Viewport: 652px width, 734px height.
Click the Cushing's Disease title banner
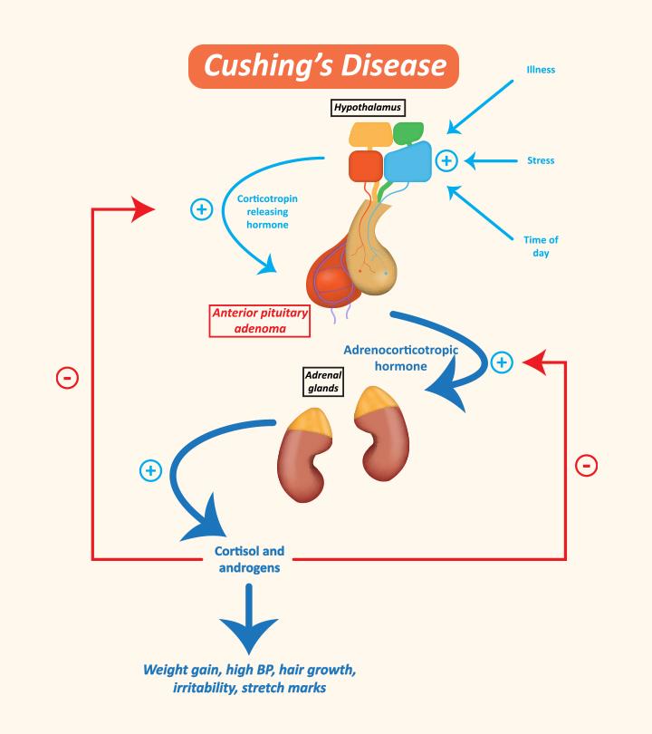coord(324,65)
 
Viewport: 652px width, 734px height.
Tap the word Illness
coord(540,69)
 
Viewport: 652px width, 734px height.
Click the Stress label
coord(541,160)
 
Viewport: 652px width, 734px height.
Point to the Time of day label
coord(541,246)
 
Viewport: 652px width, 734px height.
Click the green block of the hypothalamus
coord(408,133)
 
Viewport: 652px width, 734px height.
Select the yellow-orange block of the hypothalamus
coord(370,135)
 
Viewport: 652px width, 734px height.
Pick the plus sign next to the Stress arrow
coord(446,160)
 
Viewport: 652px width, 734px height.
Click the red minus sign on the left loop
coord(68,377)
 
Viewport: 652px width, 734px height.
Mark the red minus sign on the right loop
coord(586,465)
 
